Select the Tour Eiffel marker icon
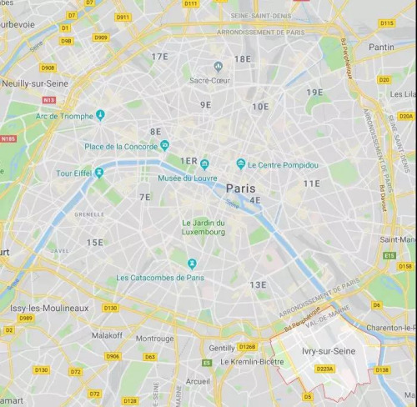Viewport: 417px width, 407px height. [x=99, y=173]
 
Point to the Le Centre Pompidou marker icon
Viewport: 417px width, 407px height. [x=240, y=164]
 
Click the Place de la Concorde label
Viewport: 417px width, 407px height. [x=121, y=146]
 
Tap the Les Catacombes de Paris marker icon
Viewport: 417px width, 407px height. [x=191, y=264]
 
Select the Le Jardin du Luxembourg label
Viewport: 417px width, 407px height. [x=204, y=228]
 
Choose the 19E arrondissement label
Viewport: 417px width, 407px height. [x=314, y=93]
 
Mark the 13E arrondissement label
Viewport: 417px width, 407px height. [x=258, y=285]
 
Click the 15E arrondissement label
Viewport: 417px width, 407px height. [x=95, y=243]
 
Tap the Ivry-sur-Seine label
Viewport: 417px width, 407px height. [x=329, y=351]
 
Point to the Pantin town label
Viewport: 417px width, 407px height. [x=381, y=48]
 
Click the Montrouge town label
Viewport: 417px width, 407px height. [x=155, y=339]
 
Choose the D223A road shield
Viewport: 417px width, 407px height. [x=325, y=368]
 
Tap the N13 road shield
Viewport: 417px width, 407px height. [x=50, y=100]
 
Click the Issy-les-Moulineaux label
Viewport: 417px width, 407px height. [x=49, y=308]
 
